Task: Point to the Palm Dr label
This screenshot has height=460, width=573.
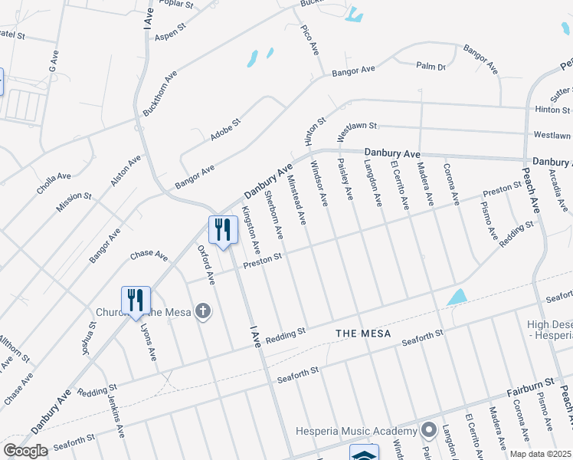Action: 431,67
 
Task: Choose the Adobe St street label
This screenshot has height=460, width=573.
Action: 226,130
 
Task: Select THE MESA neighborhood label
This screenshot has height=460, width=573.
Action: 363,333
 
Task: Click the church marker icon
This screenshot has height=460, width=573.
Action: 202,310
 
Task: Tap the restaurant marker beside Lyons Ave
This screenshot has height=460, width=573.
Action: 136,299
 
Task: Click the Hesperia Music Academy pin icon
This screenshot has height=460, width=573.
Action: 428,429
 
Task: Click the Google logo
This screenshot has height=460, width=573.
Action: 25,451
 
